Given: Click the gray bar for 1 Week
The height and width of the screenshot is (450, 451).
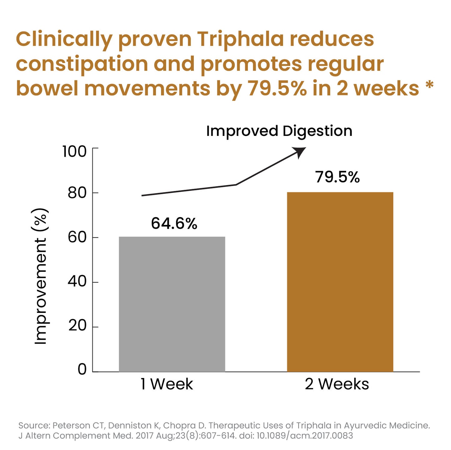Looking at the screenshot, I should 172,304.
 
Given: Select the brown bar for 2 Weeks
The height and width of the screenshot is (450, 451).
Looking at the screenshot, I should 340,282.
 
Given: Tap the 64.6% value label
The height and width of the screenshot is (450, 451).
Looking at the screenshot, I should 174,223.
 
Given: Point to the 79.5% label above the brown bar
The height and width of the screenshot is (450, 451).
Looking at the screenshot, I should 337,177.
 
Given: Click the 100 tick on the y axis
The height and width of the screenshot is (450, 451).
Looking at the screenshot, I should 74,152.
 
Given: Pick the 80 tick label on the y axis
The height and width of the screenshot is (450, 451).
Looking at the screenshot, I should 77,193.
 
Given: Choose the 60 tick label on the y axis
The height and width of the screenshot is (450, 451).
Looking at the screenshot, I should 77,237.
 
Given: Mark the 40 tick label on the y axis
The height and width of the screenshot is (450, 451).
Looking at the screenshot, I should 77,282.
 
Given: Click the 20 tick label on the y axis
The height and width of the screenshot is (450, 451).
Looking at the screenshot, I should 77,326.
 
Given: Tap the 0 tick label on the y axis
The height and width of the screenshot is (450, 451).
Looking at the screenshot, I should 82,370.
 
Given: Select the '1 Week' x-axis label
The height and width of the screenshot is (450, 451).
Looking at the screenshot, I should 167,384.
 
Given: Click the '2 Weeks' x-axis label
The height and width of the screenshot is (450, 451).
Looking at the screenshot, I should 337,384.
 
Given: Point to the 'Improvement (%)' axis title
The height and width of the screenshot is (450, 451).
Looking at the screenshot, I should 41,276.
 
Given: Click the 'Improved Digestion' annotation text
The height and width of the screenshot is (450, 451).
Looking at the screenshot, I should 279,131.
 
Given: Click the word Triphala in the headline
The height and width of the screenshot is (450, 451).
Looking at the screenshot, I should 240,39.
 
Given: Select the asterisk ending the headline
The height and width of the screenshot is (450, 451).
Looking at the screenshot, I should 430,85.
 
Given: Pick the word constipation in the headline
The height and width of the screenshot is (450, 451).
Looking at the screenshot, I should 82,64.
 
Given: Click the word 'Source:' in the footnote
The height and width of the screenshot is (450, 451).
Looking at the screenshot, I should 34,426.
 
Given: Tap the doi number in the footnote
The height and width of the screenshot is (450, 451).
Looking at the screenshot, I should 305,436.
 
